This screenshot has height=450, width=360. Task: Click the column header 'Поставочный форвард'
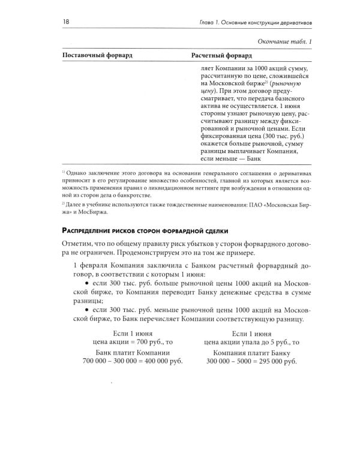pyautogui.click(x=97, y=55)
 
